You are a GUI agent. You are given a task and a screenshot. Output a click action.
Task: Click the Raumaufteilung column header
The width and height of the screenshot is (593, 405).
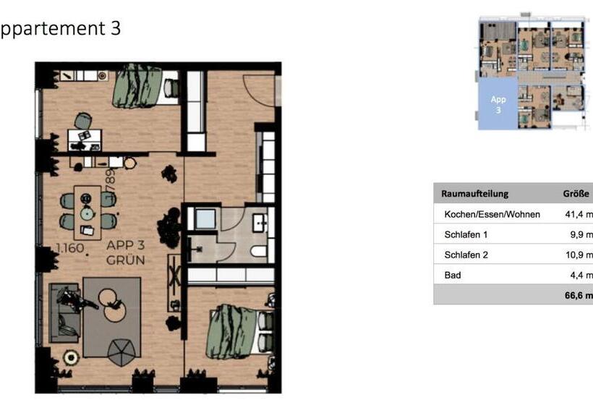(474, 194)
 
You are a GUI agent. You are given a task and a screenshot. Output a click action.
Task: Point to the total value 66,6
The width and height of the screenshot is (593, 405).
(579, 295)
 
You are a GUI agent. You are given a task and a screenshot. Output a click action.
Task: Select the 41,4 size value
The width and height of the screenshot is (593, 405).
(579, 215)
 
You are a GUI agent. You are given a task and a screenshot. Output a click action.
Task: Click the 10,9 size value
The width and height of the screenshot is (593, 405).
(579, 255)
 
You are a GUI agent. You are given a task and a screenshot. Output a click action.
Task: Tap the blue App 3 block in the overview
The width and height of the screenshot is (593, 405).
(498, 104)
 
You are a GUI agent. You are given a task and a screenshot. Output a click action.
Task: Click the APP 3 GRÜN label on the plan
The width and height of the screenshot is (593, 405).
(127, 252)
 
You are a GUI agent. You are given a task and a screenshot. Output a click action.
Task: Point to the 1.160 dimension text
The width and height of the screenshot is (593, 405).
(71, 249)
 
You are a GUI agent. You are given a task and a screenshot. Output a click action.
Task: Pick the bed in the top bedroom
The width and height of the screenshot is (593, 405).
(145, 85)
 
